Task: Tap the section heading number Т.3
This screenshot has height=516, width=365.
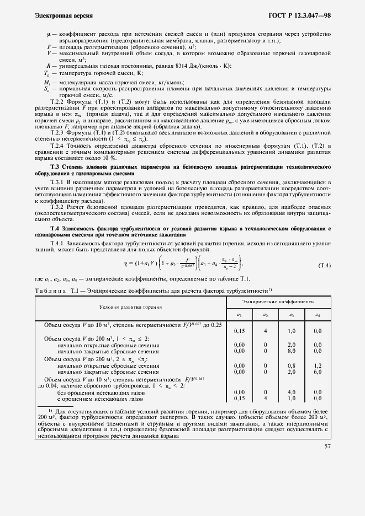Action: point(55,166)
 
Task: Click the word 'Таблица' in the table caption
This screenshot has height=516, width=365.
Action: point(51,291)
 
